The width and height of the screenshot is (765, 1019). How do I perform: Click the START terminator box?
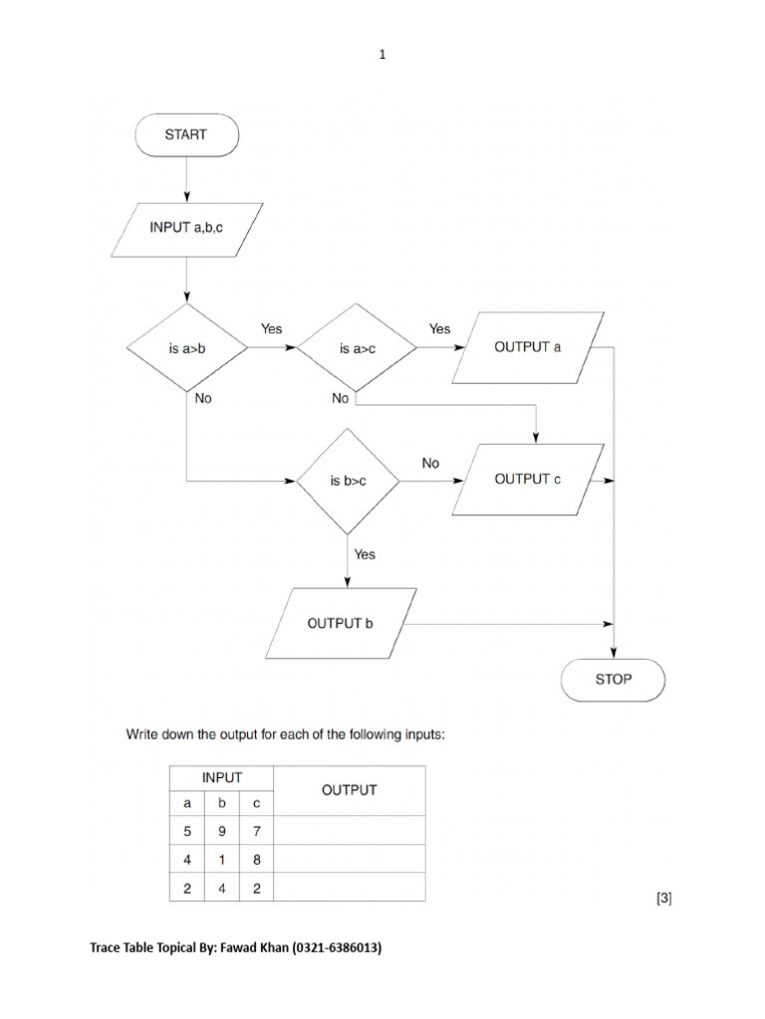pos(186,135)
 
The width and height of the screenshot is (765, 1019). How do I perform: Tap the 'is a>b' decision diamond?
pos(186,349)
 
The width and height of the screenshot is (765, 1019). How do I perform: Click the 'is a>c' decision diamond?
pos(356,349)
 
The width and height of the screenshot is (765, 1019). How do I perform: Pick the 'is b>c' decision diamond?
pos(348,480)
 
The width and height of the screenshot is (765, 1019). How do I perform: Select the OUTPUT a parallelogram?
pos(527,347)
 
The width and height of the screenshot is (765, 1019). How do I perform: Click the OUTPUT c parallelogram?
pos(527,479)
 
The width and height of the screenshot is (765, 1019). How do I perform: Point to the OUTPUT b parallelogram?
pos(340,624)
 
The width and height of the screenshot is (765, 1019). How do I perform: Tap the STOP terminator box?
pos(613,681)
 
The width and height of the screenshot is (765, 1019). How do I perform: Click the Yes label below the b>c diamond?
pos(365,554)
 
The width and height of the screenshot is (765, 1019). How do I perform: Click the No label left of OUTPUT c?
pos(430,463)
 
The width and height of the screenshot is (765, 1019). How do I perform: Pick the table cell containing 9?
pos(221,830)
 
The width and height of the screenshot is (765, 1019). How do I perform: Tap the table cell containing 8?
pos(256,860)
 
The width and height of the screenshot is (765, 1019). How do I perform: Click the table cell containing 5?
pos(186,830)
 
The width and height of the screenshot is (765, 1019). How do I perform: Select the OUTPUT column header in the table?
pos(349,790)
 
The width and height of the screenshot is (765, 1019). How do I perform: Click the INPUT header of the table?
pos(221,776)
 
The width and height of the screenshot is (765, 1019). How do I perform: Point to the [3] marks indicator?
pos(664,899)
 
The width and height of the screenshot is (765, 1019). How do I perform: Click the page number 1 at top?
pos(382,56)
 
